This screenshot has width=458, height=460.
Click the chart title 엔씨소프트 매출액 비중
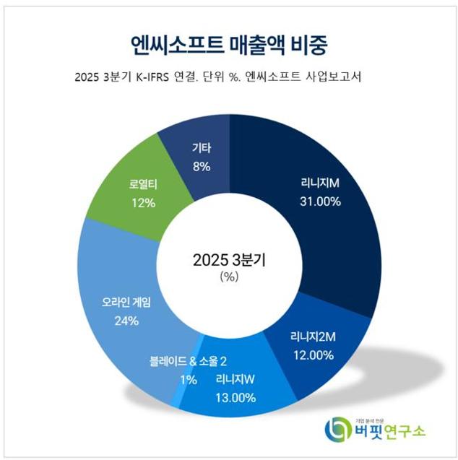click(x=228, y=45)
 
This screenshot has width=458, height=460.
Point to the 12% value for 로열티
click(x=143, y=203)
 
